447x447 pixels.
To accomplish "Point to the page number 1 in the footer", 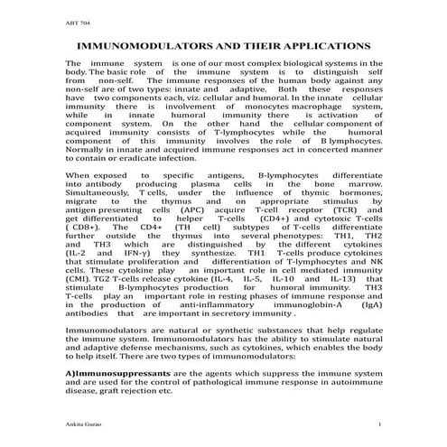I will pyautogui.click(x=382, y=424).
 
